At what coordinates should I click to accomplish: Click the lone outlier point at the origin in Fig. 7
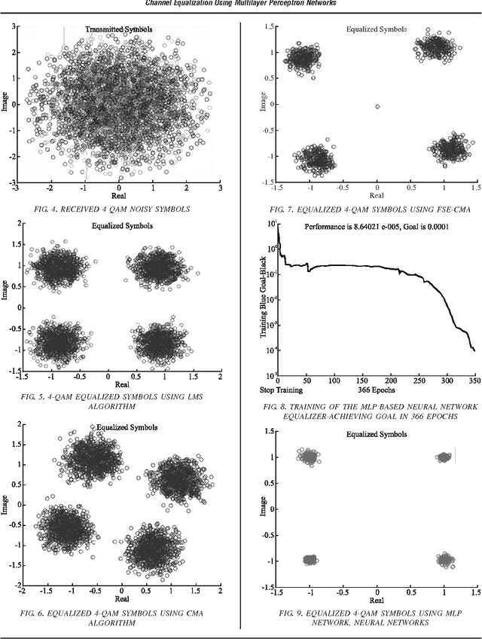(x=377, y=107)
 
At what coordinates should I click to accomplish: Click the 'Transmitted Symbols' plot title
(x=117, y=29)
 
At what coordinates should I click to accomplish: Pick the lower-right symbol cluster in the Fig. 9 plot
(x=445, y=559)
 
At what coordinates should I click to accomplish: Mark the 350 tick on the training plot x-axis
(x=473, y=381)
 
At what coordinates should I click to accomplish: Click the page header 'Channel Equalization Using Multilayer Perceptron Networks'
(x=241, y=5)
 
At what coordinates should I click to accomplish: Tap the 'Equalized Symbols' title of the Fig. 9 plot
(x=377, y=435)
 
